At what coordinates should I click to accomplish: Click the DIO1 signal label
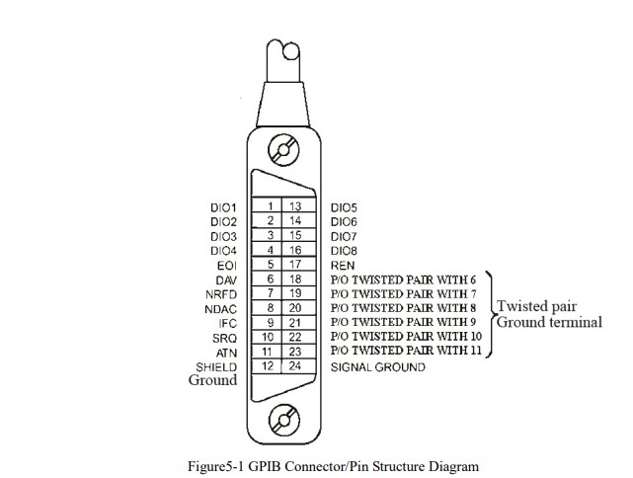point(223,207)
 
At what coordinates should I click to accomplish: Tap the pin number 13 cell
point(294,206)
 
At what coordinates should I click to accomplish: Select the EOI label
point(227,266)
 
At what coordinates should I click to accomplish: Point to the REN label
point(343,266)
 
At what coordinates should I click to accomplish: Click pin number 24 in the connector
point(294,366)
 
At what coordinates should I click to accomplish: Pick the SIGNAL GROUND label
point(378,367)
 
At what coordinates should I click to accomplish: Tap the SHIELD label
point(216,367)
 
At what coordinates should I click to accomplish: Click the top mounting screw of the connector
point(284,153)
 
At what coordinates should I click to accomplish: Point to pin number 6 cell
point(270,279)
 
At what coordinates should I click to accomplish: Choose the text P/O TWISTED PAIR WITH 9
point(404,323)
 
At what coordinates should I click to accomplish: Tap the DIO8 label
point(344,251)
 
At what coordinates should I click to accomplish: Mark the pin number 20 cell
point(294,308)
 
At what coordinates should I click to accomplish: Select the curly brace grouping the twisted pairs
point(490,315)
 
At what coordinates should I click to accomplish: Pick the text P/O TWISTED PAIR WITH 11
point(406,352)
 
